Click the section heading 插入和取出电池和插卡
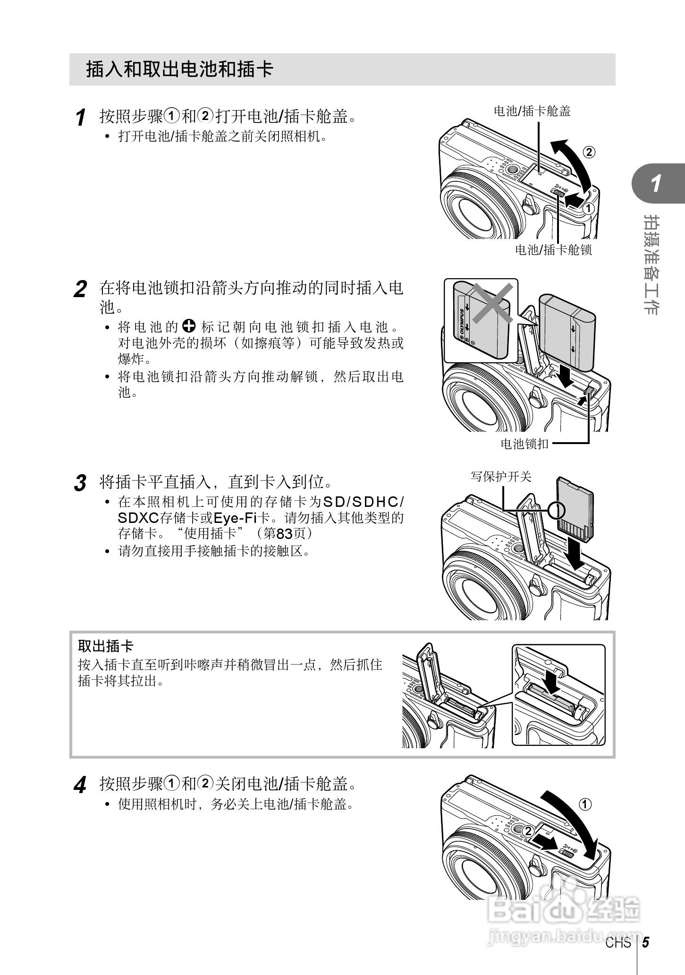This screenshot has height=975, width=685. coord(180,69)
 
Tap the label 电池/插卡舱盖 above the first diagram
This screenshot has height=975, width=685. coord(532,111)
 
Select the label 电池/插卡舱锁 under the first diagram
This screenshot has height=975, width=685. coord(553,249)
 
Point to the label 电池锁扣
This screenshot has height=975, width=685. coord(524,444)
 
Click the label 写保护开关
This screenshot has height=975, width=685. coord(501,476)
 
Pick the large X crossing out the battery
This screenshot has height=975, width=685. coord(492,303)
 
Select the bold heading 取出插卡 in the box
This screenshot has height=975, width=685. coord(106,646)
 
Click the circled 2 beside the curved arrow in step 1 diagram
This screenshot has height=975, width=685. coord(589,152)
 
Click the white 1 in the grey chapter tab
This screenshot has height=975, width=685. coord(656,184)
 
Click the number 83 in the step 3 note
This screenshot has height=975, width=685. coord(284,534)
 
